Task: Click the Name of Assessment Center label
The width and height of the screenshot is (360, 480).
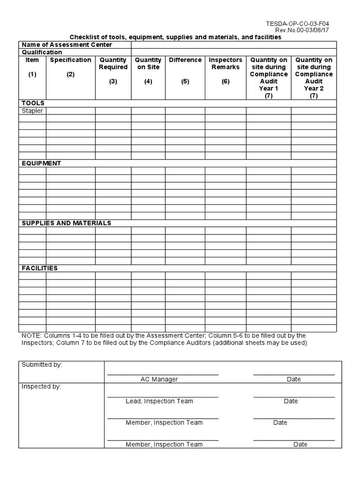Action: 67,45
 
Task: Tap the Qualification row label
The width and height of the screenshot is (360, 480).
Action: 42,52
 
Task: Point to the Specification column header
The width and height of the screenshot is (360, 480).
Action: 71,60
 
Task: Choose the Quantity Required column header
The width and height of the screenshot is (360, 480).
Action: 113,64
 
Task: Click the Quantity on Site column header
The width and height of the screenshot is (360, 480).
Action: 148,64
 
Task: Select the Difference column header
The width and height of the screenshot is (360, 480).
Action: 185,60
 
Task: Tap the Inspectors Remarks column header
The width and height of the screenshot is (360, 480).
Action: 225,64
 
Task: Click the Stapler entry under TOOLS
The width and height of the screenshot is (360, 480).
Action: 32,111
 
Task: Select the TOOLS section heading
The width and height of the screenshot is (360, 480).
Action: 33,103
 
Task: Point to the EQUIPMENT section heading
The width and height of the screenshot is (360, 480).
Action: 42,164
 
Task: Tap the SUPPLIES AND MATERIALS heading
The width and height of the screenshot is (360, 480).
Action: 67,223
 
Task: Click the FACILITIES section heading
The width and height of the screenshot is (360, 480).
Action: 40,268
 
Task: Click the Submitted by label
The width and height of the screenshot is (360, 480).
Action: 42,365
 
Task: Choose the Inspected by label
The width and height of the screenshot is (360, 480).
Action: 41,387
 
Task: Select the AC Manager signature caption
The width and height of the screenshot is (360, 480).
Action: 159,379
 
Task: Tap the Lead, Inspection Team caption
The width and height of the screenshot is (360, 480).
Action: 159,401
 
